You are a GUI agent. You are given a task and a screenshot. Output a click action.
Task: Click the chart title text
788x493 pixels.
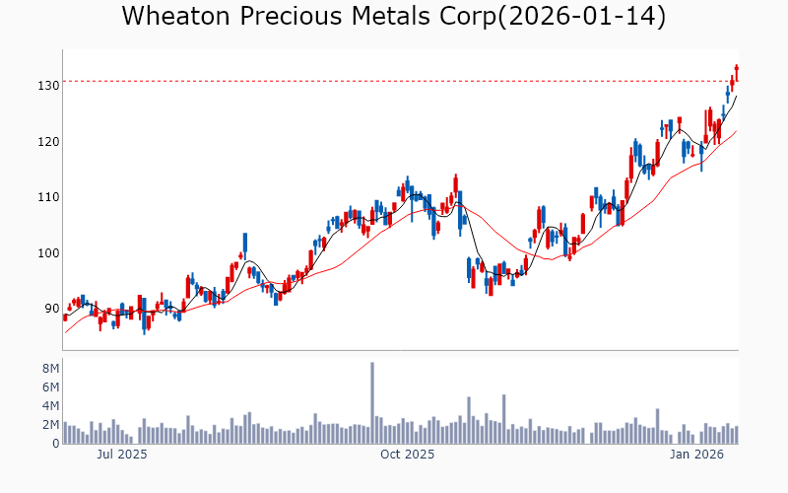pos(394,17)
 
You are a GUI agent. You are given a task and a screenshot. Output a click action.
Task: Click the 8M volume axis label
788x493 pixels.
pos(50,369)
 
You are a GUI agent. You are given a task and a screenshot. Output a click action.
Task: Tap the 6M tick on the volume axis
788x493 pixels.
pos(50,387)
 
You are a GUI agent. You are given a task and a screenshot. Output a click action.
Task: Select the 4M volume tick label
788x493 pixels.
pos(50,406)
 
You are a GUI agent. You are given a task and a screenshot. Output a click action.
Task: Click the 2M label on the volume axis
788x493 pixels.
pos(50,425)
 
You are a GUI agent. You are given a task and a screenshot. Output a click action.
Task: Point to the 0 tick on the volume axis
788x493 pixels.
pos(55,444)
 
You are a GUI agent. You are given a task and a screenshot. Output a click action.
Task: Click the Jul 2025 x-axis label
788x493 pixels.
pos(123,455)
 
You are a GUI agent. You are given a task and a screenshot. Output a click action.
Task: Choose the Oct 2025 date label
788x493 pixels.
pos(408,455)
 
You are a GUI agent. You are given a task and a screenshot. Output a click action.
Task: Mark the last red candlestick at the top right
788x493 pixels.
pos(736,73)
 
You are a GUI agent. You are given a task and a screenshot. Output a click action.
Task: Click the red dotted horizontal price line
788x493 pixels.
pos(394,81)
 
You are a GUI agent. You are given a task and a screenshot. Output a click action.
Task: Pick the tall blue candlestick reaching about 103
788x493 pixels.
pos(245,244)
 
